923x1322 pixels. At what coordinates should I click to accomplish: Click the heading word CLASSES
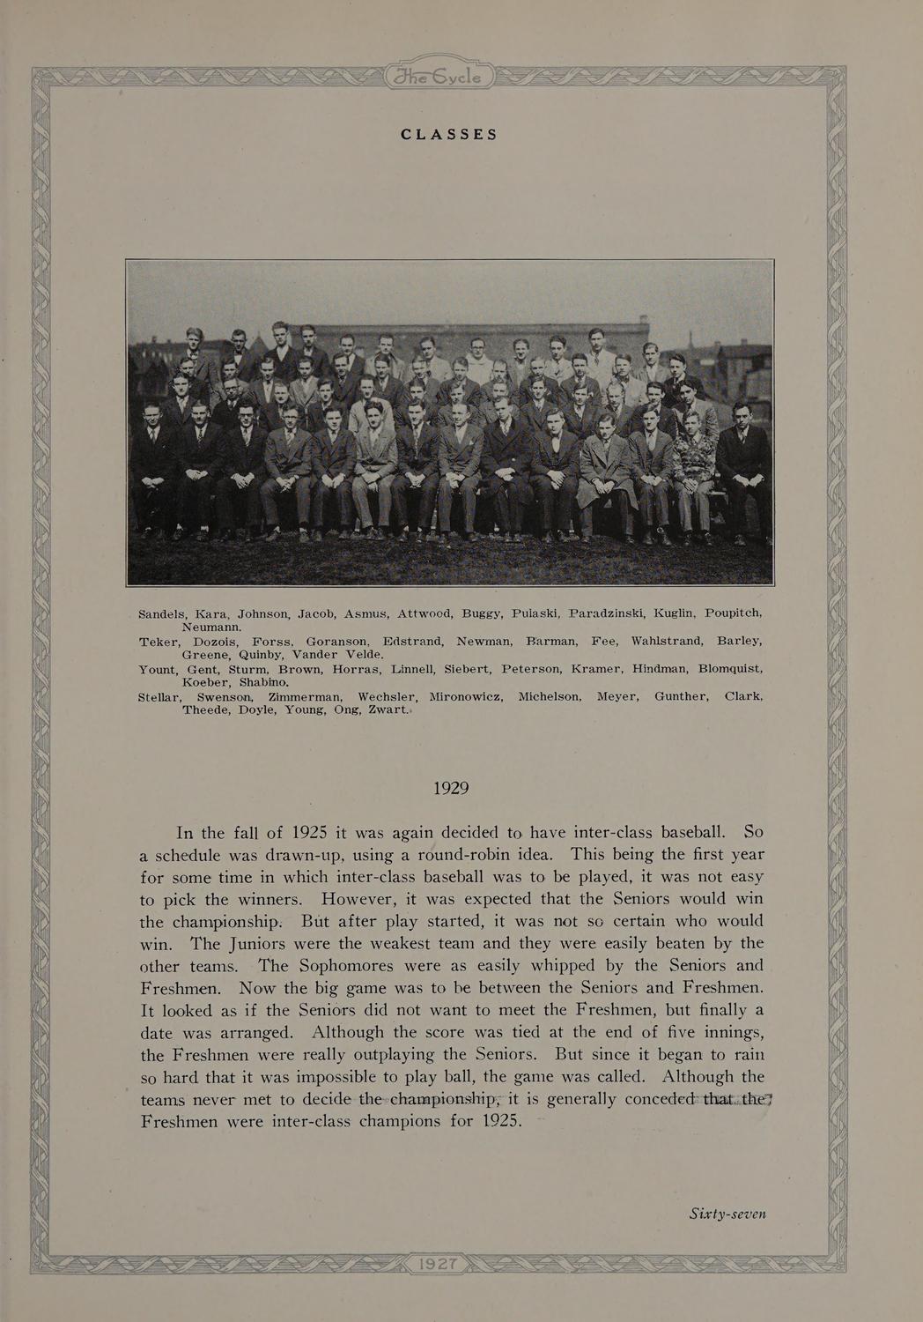click(x=449, y=135)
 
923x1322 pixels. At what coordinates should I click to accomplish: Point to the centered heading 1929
click(x=450, y=788)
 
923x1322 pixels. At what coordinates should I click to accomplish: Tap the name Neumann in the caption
click(x=218, y=626)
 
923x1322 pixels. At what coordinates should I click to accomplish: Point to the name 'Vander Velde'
click(x=337, y=654)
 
